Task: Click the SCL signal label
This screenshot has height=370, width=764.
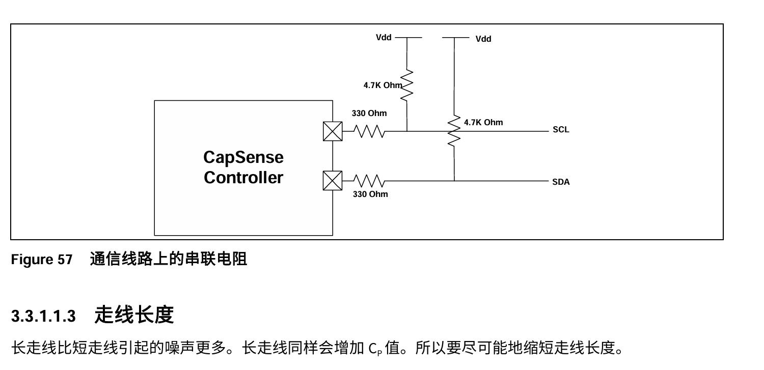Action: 561,130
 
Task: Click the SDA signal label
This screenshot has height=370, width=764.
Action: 561,182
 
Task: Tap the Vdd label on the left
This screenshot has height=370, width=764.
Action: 384,37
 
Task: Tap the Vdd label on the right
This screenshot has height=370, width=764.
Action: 483,39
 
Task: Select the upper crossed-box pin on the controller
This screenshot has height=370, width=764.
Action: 333,132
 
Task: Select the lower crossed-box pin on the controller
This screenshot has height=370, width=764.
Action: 333,181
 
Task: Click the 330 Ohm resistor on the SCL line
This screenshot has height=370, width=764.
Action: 370,132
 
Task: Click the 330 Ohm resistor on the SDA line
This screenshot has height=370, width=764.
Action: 370,181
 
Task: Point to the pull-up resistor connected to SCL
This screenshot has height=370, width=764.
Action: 407,86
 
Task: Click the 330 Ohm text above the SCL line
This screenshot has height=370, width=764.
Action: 369,113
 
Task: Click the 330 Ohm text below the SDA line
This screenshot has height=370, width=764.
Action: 370,194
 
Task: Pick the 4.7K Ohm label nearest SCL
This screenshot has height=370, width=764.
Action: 483,123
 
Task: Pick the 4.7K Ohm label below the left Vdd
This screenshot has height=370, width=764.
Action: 383,86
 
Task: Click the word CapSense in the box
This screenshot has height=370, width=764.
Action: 243,157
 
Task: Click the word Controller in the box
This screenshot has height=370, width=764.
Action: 243,178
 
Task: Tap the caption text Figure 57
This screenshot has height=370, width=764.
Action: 42,260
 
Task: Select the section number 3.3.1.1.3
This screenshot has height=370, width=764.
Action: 43,317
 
